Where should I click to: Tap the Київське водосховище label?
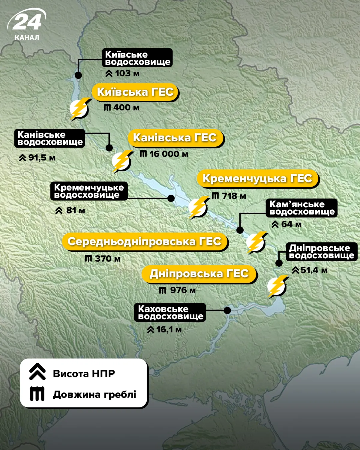tap(137, 58)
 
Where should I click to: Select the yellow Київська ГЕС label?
tap(135, 92)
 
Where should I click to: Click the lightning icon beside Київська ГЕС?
tap(79, 109)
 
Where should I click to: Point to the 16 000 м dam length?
tap(164, 154)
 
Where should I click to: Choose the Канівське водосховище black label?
tap(50, 138)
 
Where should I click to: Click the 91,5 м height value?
tap(37, 158)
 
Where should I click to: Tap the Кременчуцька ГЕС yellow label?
tap(258, 178)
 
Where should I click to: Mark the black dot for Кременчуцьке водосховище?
tap(171, 198)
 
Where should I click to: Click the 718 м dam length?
tap(229, 196)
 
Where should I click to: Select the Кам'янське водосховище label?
tap(301, 208)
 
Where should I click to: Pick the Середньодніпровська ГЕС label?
tap(145, 241)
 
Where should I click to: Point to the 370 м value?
tap(103, 259)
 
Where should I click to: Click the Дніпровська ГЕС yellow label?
tap(199, 274)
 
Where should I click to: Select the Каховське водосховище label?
tap(170, 313)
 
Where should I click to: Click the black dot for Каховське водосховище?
tap(227, 310)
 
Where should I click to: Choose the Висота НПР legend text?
tap(84, 374)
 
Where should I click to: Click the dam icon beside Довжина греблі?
tap(37, 394)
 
